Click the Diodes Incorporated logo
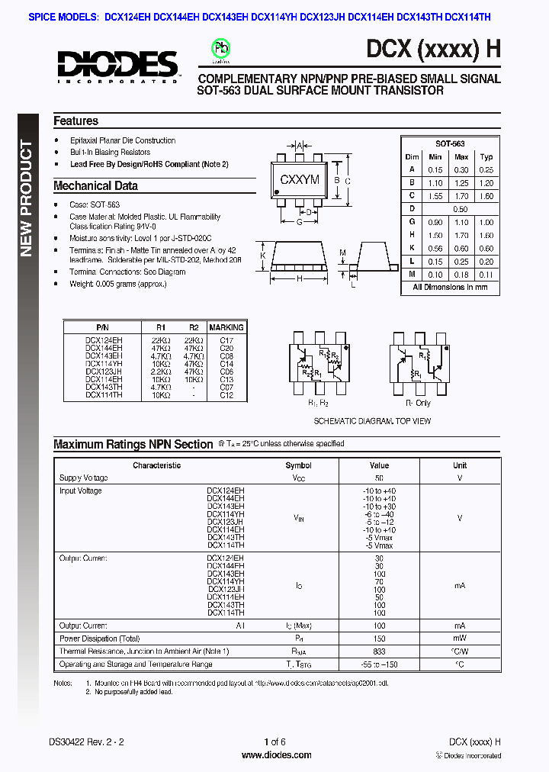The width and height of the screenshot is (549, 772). tap(117, 65)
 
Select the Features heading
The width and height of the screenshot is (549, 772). tap(75, 121)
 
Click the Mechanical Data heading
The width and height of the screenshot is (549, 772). tap(95, 185)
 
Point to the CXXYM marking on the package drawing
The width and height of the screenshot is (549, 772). tap(300, 181)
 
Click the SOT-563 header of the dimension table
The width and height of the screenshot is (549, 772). tap(450, 143)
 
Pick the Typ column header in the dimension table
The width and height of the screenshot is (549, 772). tap(486, 156)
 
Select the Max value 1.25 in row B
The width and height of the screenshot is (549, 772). tap(461, 183)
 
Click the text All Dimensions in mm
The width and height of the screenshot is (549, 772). tap(450, 287)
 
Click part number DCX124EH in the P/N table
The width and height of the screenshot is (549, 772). tap(104, 339)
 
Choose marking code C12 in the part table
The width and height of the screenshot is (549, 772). tap(226, 395)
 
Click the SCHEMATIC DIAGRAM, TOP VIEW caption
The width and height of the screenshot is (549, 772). tap(372, 421)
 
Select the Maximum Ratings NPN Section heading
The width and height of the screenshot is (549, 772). tap(133, 444)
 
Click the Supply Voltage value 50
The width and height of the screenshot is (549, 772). tap(379, 478)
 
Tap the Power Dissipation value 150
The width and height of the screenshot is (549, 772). tap(379, 639)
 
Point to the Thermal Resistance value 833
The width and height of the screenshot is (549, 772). tap(379, 651)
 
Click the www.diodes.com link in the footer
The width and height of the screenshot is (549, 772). tap(276, 755)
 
